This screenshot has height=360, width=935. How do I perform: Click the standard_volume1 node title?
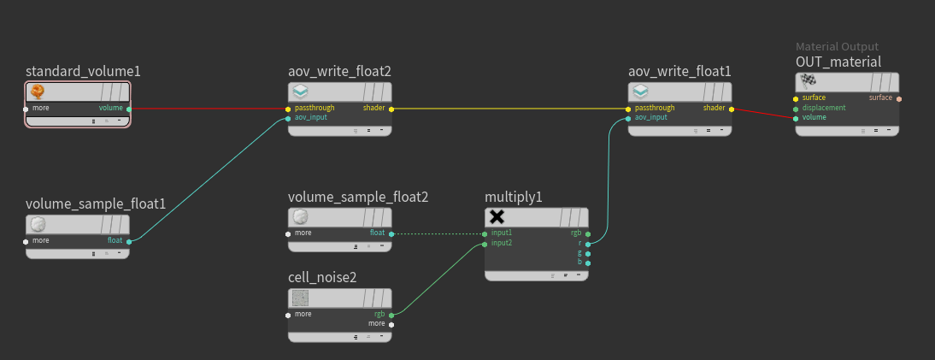(x=83, y=71)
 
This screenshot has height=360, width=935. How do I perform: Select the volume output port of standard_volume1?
(x=129, y=109)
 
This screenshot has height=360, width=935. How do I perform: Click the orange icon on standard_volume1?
(x=38, y=91)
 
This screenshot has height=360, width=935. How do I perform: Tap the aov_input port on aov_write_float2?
(x=288, y=118)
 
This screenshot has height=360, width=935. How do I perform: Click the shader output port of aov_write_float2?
(x=391, y=109)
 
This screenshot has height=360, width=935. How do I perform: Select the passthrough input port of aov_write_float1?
(x=628, y=109)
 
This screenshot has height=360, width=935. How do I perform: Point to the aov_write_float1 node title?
(x=679, y=71)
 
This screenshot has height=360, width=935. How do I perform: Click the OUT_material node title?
(x=838, y=62)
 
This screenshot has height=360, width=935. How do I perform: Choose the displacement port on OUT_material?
(x=796, y=108)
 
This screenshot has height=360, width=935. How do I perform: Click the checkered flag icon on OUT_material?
(x=808, y=82)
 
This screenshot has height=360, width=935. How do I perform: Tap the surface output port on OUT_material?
(x=899, y=98)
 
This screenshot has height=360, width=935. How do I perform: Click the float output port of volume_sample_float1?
(x=129, y=241)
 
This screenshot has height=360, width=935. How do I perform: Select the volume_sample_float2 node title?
(x=358, y=198)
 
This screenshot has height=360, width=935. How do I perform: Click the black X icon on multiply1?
(x=497, y=217)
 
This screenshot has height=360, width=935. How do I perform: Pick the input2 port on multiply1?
(x=485, y=244)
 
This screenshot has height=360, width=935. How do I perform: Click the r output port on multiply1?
(x=588, y=244)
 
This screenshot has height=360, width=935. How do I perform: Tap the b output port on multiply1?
(x=588, y=263)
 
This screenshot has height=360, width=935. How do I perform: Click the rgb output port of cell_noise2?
(x=391, y=315)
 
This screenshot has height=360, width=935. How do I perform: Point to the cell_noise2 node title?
(x=322, y=277)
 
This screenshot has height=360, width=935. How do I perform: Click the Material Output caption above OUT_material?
(x=837, y=47)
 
